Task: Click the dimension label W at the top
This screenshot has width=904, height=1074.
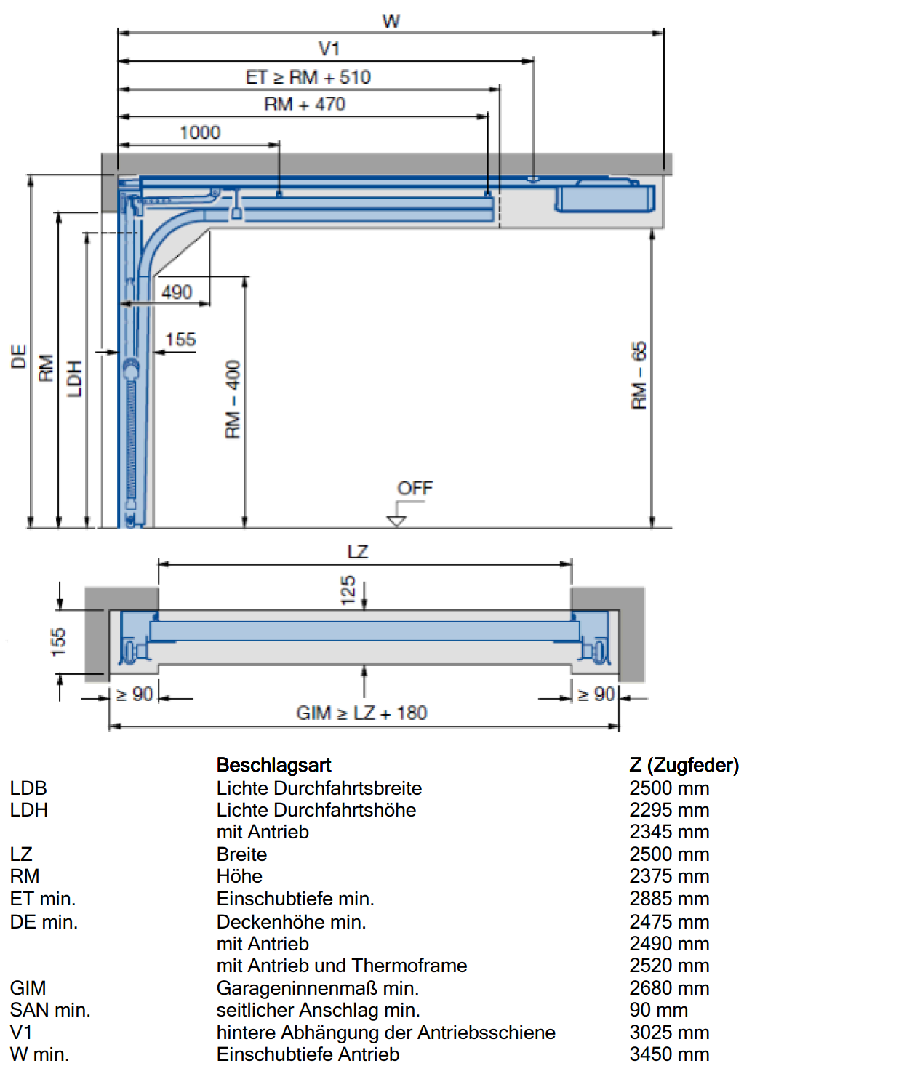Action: click(x=391, y=21)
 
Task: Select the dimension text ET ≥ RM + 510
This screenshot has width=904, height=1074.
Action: click(x=308, y=77)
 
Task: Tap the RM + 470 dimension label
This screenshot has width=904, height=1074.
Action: click(x=305, y=104)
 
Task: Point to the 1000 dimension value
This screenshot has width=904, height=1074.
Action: click(x=199, y=132)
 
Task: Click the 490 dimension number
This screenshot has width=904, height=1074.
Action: click(x=177, y=292)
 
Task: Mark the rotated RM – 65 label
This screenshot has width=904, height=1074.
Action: click(x=639, y=375)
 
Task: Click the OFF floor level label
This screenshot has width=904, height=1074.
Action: click(x=415, y=488)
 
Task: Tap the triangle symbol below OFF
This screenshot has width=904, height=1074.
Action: click(x=396, y=521)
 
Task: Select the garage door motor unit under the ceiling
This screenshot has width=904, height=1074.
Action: click(x=604, y=198)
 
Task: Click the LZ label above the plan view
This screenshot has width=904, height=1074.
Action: click(x=358, y=551)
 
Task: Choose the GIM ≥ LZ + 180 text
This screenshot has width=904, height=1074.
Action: click(x=361, y=713)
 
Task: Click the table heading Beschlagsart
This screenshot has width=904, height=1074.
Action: click(x=273, y=764)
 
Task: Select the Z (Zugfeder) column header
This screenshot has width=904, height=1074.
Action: click(x=684, y=764)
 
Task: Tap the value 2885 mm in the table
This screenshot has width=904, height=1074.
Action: click(x=669, y=898)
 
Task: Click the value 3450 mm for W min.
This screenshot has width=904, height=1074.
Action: click(x=669, y=1054)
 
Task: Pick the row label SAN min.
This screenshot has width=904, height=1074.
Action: click(x=50, y=1010)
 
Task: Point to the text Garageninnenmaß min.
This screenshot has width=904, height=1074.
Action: click(x=318, y=987)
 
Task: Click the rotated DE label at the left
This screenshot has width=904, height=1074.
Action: click(x=18, y=356)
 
